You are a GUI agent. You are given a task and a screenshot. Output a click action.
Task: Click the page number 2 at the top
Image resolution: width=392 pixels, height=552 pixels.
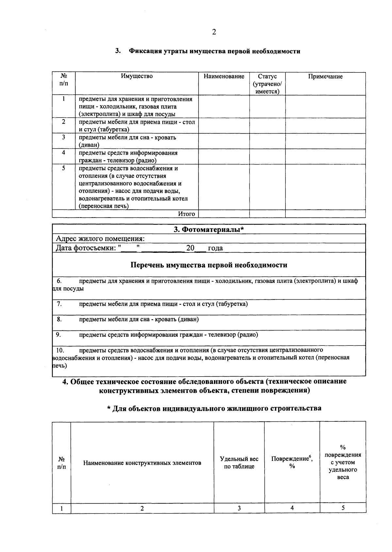pos(214,32)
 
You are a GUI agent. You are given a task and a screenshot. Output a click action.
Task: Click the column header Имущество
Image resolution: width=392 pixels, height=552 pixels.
pos(137,76)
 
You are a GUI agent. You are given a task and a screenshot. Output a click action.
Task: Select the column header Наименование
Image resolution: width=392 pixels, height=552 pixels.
pos(224,76)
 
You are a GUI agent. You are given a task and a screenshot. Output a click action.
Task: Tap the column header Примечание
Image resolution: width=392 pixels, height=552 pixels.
pos(325,76)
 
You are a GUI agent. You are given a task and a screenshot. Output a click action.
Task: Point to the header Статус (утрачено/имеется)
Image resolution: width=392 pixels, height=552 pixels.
pos(267,84)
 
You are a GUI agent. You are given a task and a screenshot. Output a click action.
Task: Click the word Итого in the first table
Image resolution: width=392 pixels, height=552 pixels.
pos(186,214)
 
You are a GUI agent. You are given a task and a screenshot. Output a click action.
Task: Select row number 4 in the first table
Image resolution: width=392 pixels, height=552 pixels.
pos(63,153)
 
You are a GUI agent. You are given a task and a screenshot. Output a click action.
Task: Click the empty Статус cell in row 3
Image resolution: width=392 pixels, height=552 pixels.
pos(267,141)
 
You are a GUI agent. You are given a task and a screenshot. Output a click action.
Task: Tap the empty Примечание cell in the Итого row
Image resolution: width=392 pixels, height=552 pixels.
pos(325,214)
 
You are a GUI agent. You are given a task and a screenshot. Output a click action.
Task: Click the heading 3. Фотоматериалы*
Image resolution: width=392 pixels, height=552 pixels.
pos(209,230)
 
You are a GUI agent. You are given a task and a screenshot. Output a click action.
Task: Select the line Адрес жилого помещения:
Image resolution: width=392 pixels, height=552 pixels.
pos(100,239)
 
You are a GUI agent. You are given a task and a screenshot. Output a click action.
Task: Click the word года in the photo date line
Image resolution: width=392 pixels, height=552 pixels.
pos(215,248)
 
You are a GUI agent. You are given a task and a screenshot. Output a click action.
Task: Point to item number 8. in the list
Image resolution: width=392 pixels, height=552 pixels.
pos(59,319)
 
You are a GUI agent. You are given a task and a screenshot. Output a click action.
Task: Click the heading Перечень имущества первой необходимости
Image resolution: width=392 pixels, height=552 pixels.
pos(209,265)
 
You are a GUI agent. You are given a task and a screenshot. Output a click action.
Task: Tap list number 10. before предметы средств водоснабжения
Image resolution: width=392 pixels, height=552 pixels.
pos(60,350)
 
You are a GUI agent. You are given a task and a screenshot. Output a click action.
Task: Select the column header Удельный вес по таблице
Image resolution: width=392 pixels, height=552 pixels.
pos(239,463)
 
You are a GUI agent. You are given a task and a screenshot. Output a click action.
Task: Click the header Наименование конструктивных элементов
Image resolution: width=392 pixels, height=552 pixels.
pos(142,463)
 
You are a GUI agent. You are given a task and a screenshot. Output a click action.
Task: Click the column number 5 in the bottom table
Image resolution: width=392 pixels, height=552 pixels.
pos(343,508)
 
